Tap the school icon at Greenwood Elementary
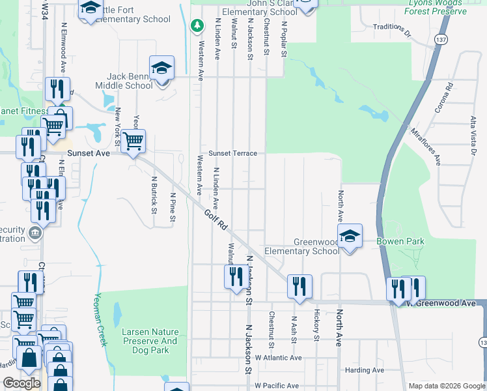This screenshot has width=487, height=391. tap(350, 237)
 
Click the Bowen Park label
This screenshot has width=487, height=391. tap(400, 242)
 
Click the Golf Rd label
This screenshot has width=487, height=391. tap(214, 220)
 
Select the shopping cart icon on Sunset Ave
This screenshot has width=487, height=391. tap(133, 141)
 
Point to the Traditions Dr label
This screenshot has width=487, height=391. tap(392, 30)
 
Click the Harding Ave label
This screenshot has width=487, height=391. tap(365, 370)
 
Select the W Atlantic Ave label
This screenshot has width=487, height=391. tap(278, 358)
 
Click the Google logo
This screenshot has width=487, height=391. tap(21, 383)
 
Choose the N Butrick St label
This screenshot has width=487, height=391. tap(155, 195)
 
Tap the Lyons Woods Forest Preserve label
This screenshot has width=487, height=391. tap(436, 7)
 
